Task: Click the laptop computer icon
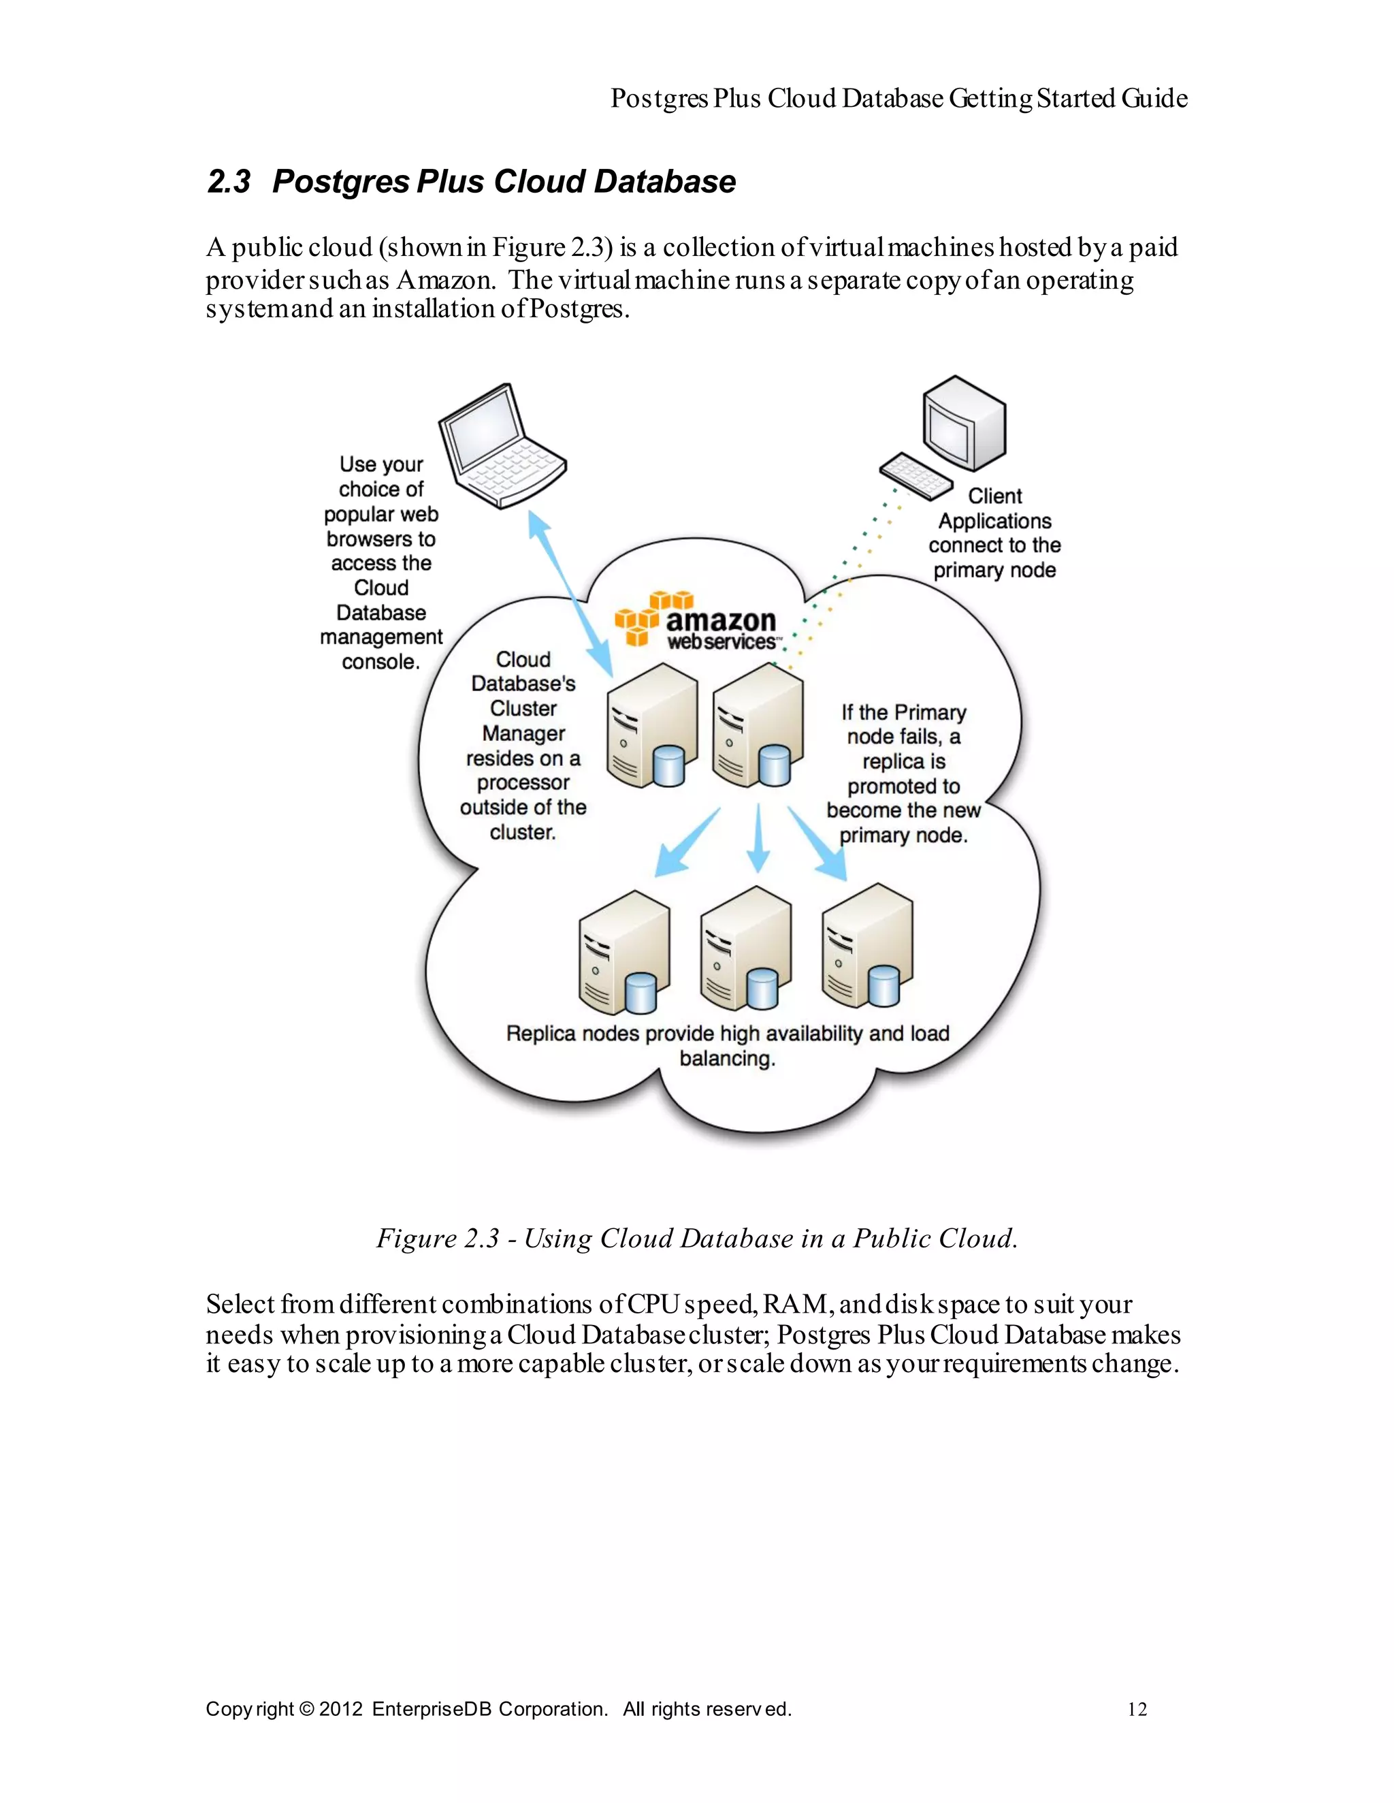[x=500, y=446]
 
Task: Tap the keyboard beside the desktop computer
[x=915, y=475]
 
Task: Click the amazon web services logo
[x=698, y=621]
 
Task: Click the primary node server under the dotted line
[x=758, y=727]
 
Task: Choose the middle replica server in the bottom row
[x=745, y=949]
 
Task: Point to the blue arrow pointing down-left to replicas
[x=687, y=844]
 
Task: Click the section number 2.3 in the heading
[x=228, y=182]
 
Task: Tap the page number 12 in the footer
[x=1137, y=1709]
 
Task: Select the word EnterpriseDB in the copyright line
[x=432, y=1709]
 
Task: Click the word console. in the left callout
[x=380, y=662]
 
